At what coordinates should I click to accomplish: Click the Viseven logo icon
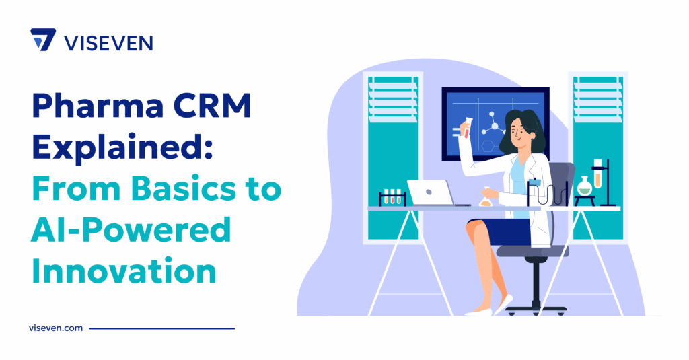click(43, 40)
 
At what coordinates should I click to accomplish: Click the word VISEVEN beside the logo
click(108, 43)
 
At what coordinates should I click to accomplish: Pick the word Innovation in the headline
click(124, 273)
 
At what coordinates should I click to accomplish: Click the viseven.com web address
click(56, 328)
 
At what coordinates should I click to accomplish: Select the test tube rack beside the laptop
click(392, 198)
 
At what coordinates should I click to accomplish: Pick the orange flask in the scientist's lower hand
click(485, 198)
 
